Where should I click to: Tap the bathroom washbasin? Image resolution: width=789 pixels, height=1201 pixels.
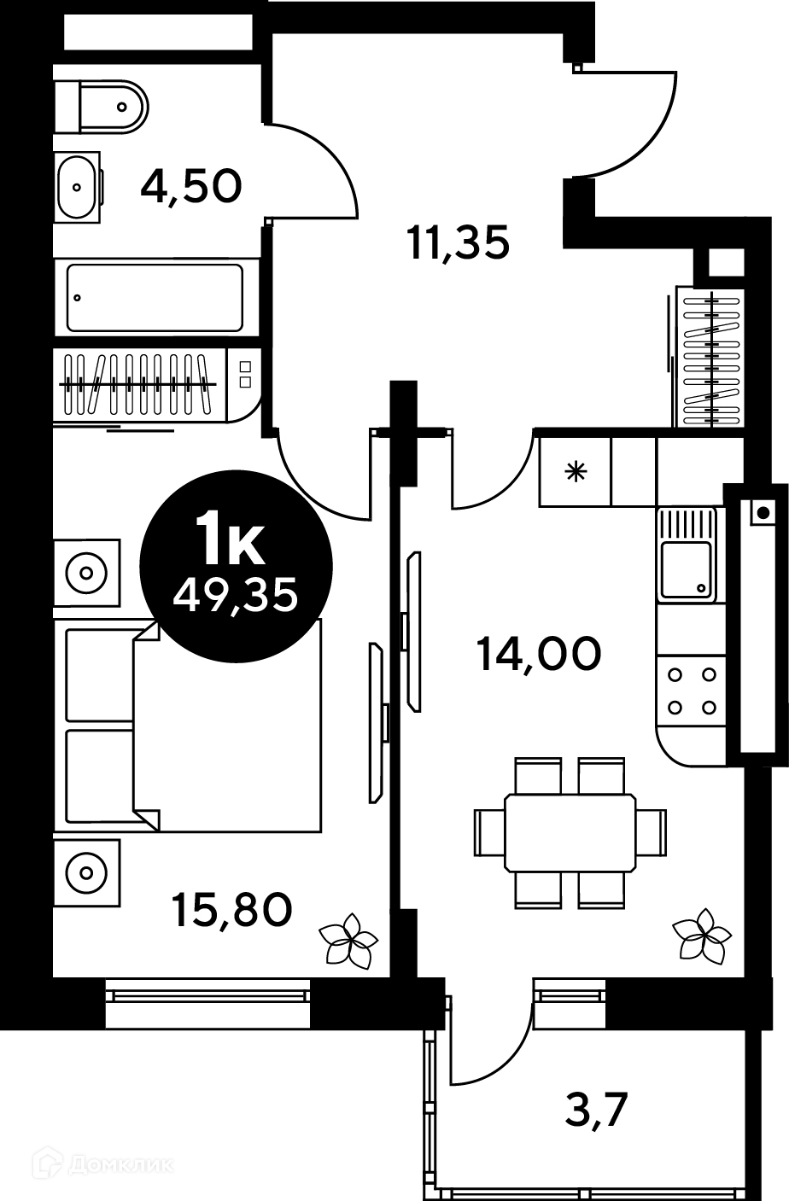79,187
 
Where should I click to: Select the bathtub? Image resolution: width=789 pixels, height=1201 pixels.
155,298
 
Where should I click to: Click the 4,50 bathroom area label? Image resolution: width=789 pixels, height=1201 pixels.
191,186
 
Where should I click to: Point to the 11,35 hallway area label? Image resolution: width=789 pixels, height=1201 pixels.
459,242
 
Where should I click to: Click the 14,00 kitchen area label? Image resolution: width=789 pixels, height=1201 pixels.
539,654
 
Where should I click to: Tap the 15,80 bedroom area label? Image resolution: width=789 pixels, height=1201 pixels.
231,910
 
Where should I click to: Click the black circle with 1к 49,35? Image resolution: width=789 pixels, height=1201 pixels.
236,566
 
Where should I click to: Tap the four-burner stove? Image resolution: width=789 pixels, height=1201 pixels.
692,691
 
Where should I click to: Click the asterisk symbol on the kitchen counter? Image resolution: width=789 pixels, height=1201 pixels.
576,472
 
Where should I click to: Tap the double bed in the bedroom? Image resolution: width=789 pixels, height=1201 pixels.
188,726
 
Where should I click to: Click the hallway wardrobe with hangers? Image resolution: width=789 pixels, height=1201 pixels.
710,357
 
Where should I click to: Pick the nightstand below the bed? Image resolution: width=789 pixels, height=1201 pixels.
87,873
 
